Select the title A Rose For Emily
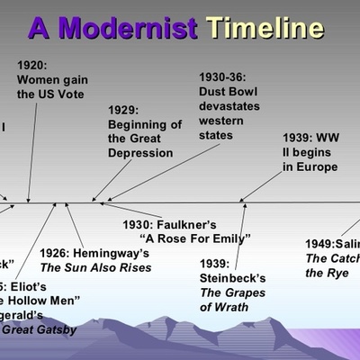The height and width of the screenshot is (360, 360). [194, 238]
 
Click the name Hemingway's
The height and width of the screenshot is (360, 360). [115, 253]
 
